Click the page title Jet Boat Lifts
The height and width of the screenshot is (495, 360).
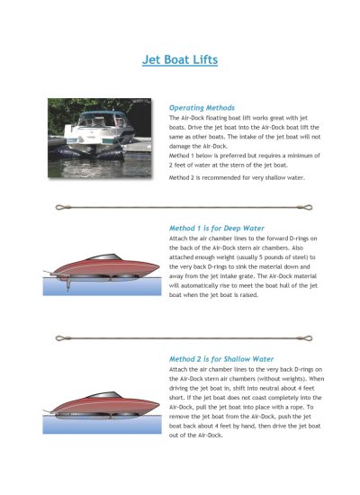tap(180, 61)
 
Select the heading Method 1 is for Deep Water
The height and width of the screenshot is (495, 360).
tap(215, 229)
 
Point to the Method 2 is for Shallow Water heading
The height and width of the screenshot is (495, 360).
tap(219, 358)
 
